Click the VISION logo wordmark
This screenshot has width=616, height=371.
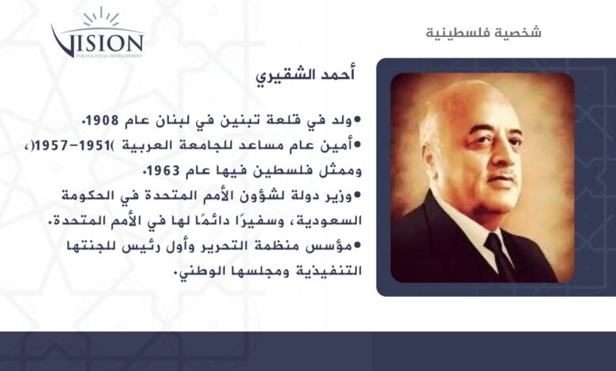(97, 43)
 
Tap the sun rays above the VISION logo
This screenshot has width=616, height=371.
(101, 17)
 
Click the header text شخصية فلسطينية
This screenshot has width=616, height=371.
(483, 32)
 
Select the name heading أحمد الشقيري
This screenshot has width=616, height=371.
(306, 75)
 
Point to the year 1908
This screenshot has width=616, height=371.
(102, 120)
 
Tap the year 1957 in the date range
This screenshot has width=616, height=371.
(52, 146)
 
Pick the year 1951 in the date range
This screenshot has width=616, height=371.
(92, 146)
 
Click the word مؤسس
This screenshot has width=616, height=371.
(332, 246)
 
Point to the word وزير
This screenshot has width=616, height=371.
(340, 196)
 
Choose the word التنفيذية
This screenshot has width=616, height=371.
(328, 272)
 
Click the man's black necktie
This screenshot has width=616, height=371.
(500, 255)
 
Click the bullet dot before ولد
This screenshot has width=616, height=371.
(358, 119)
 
